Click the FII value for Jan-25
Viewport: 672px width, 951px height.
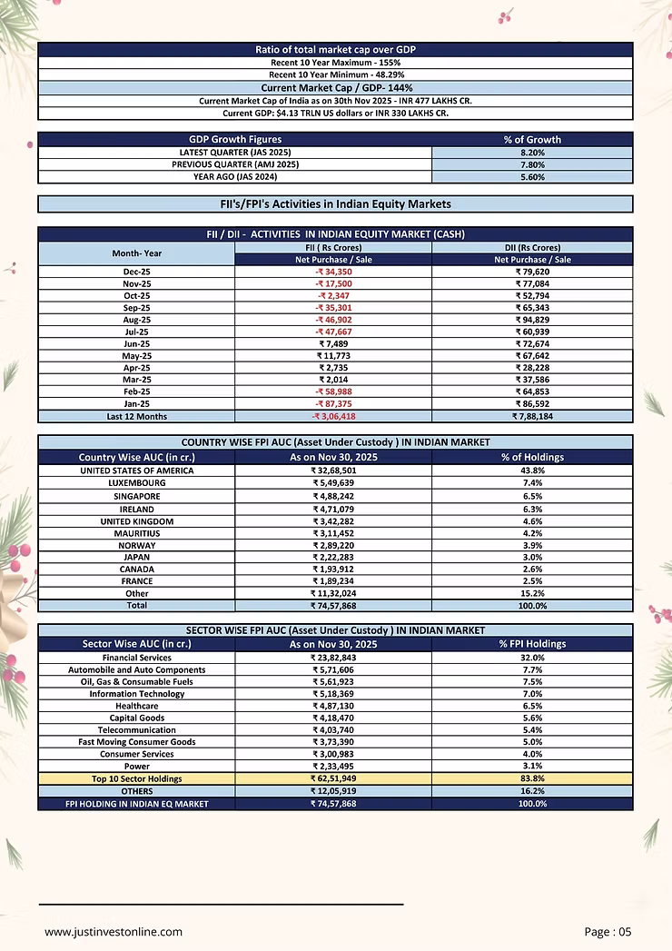[333, 404]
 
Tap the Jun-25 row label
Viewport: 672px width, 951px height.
[136, 344]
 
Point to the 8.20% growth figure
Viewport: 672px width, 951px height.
[532, 153]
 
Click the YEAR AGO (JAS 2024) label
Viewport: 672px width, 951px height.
[234, 177]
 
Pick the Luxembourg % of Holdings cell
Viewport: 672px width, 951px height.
[532, 483]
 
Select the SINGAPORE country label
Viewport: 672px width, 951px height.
[136, 497]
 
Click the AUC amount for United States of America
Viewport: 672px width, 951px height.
[333, 471]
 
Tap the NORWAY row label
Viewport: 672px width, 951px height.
[136, 544]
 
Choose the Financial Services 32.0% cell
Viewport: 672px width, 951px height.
[532, 658]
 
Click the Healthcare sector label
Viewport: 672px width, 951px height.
[136, 706]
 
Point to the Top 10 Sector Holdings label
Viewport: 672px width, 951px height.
[136, 778]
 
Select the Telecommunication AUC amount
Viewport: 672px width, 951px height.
[333, 730]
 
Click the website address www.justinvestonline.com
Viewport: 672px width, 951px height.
[114, 932]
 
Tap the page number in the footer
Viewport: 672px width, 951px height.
[608, 932]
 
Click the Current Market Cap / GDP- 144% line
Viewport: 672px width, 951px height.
[335, 88]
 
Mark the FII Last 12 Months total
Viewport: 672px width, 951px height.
[333, 416]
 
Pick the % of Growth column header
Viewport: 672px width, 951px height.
[532, 140]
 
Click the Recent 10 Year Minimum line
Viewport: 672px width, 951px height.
[335, 74]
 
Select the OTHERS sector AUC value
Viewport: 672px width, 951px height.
[333, 791]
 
